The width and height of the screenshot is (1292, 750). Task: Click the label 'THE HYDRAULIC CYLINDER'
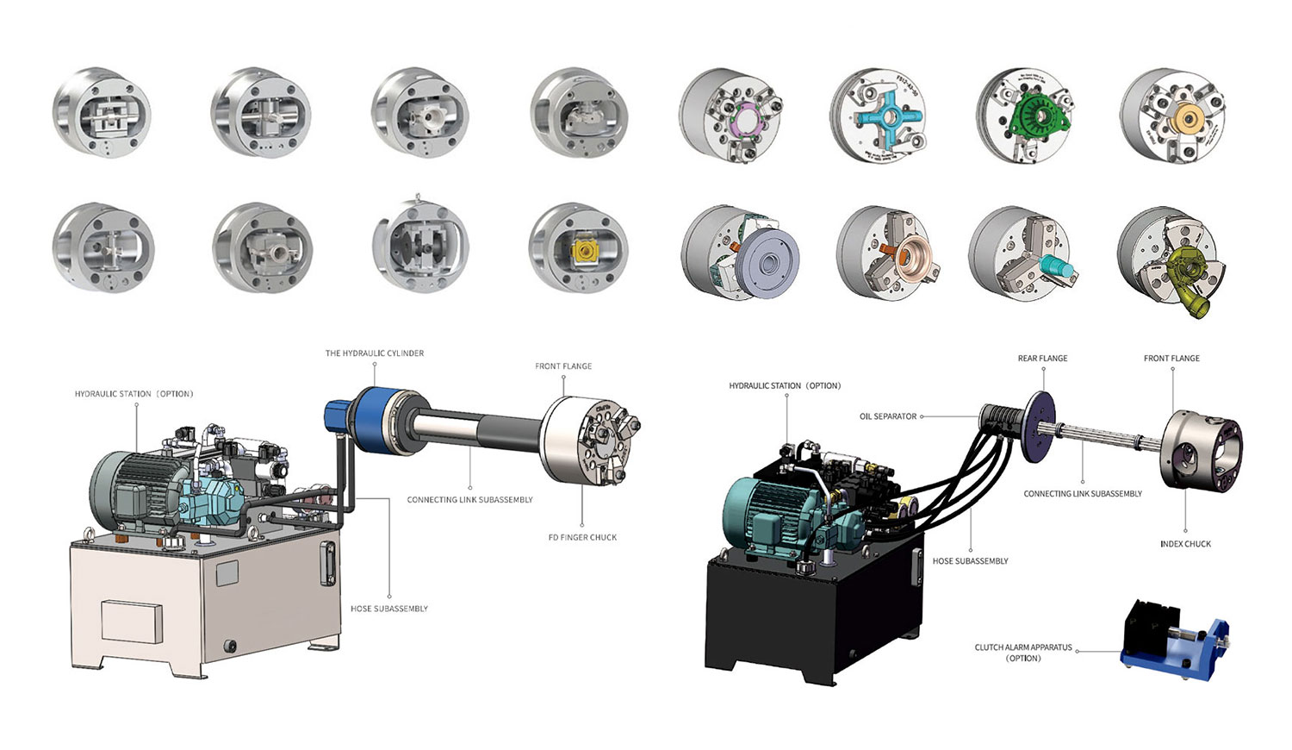click(x=374, y=353)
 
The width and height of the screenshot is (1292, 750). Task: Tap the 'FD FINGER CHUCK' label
click(x=582, y=538)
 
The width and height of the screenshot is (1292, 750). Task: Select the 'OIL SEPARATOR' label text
click(x=887, y=416)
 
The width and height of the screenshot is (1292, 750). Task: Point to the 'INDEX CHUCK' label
click(x=1185, y=544)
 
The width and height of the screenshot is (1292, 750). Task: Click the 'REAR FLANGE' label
click(x=1042, y=359)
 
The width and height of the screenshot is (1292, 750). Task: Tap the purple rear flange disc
click(x=1040, y=428)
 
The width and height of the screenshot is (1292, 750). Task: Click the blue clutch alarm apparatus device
click(x=1176, y=642)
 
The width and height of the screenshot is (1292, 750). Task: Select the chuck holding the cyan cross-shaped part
click(x=878, y=116)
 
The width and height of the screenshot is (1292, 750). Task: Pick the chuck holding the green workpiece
click(x=1024, y=116)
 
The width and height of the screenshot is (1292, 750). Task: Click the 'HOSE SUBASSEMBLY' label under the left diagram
click(x=389, y=609)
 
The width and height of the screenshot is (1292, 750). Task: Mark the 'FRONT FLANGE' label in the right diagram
click(x=1171, y=359)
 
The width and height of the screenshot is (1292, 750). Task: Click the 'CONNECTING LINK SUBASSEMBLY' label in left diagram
click(x=469, y=500)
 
